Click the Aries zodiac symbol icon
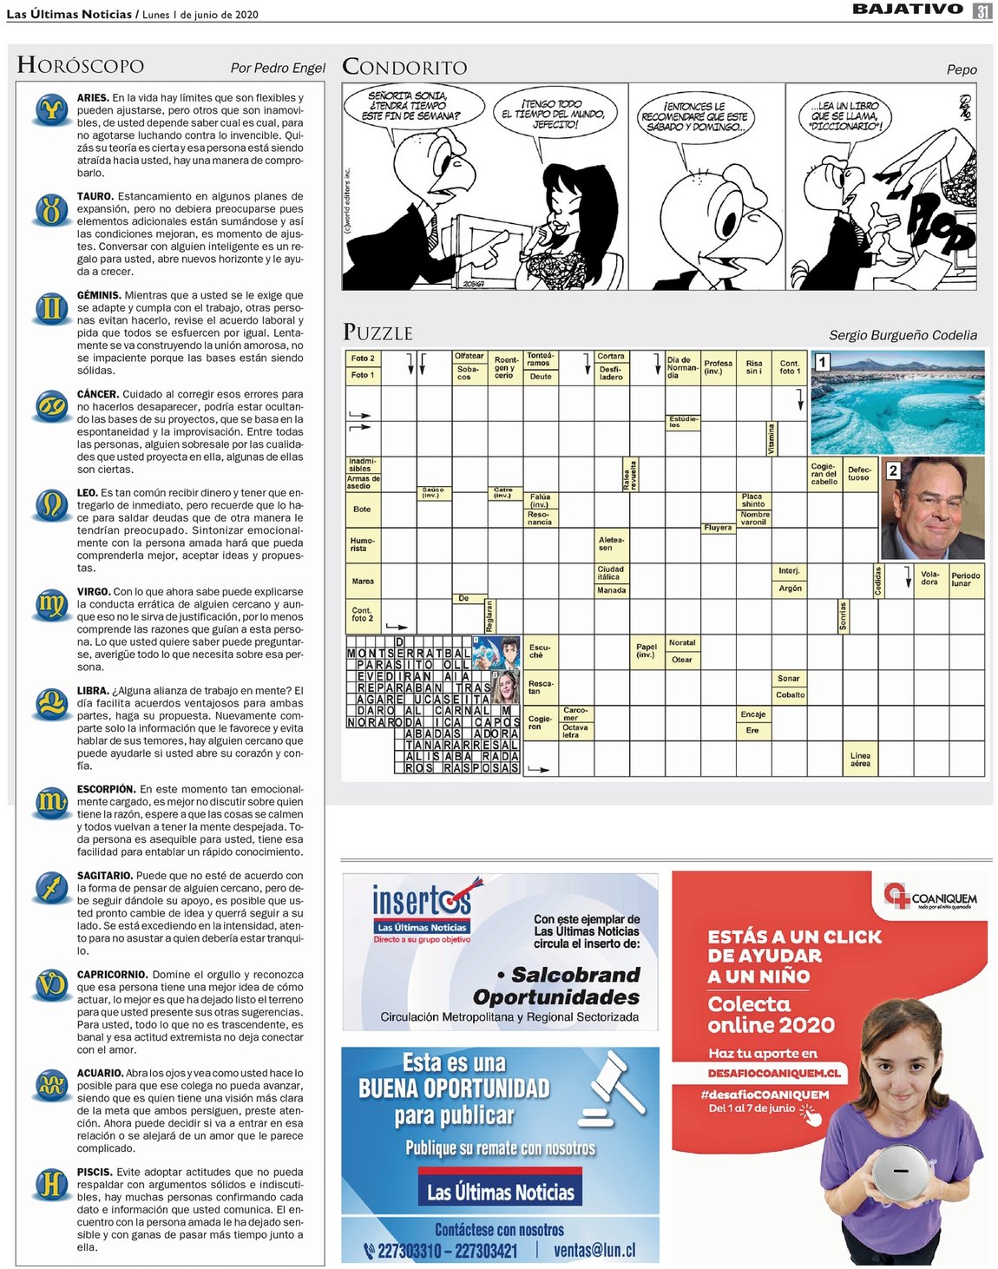pos(52,109)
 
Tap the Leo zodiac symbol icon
pos(52,504)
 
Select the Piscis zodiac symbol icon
pos(52,1184)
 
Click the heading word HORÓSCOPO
pos(81,65)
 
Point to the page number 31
pos(982,10)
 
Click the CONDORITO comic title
pos(404,67)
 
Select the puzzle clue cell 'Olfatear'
pos(469,356)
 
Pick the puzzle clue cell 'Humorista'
pos(363,544)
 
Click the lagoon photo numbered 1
pos(897,402)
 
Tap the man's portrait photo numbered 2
pos(932,509)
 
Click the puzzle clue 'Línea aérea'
pos(860,759)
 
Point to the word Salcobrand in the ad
pos(575,975)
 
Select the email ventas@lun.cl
pos(594,1251)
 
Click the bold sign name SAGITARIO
pos(104,876)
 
